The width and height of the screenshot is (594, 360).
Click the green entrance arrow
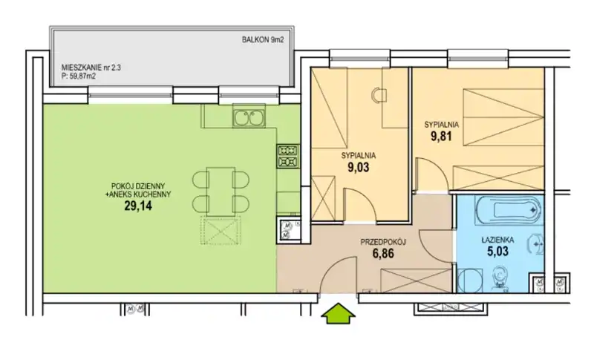(x=338, y=312)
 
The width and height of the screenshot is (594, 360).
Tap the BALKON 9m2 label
(x=263, y=40)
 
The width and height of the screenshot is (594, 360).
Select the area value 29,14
(x=138, y=206)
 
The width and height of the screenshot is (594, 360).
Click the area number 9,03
(x=358, y=167)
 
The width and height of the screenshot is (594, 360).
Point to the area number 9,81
(x=441, y=137)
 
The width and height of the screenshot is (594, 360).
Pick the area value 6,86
(x=383, y=254)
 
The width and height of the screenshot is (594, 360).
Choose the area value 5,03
(x=497, y=251)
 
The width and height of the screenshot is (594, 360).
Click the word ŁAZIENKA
(x=497, y=240)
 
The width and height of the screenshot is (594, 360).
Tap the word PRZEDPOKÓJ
(x=383, y=242)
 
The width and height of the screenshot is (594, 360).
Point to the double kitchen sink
(x=249, y=118)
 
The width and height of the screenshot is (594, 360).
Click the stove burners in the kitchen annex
(x=289, y=157)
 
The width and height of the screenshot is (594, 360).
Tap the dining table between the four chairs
(x=221, y=192)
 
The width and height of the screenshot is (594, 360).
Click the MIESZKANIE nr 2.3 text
(x=91, y=68)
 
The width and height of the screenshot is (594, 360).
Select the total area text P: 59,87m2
(x=79, y=76)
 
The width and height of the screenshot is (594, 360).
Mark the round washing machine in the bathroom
(x=469, y=280)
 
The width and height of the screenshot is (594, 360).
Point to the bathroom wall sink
(x=536, y=245)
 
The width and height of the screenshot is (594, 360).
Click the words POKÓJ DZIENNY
(x=138, y=186)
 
